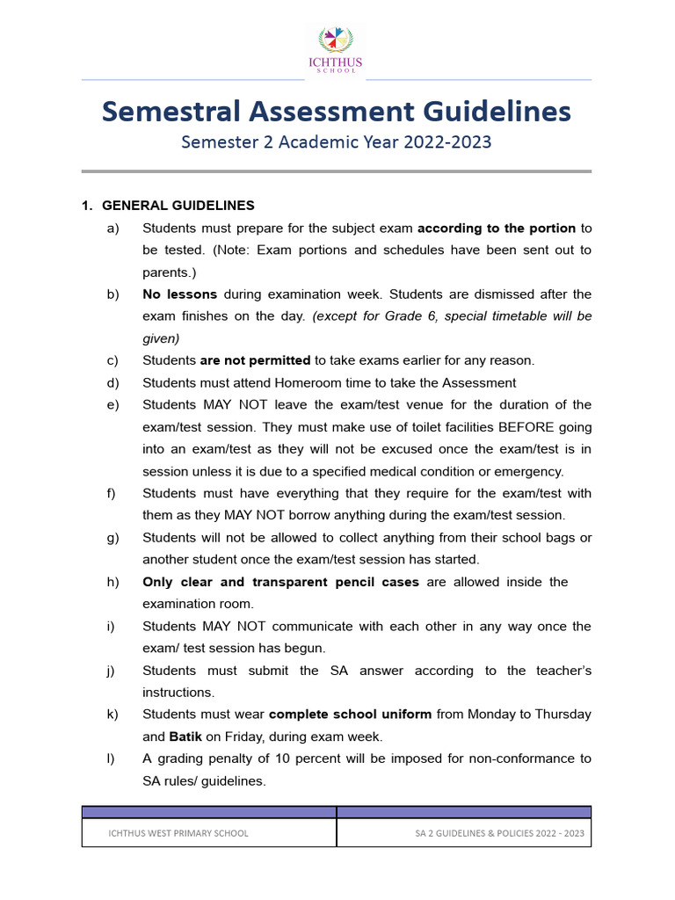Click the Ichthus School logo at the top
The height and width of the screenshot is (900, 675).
click(338, 48)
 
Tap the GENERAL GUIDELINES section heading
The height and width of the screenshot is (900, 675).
click(178, 206)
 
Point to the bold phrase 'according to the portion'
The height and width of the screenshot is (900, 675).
click(497, 228)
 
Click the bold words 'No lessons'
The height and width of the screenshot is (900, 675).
click(179, 294)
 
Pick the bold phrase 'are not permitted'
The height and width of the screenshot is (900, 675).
click(255, 360)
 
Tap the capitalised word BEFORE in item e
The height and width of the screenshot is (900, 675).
click(530, 427)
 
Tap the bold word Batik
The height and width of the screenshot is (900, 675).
click(186, 737)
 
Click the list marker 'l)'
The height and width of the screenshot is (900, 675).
click(111, 758)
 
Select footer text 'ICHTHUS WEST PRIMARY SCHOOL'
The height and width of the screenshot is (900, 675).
click(178, 833)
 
